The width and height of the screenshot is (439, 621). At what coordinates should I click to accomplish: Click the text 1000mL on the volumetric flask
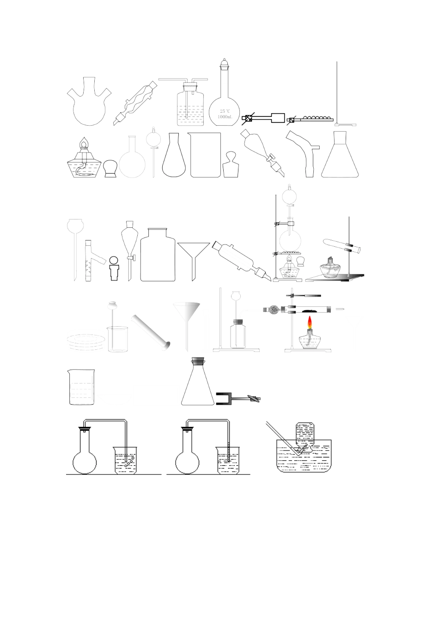coord(225,117)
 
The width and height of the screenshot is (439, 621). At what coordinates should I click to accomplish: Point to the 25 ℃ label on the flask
coord(225,111)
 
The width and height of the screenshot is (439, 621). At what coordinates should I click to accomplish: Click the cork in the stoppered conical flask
coord(198,360)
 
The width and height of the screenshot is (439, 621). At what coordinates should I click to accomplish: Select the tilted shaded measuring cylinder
coord(151,332)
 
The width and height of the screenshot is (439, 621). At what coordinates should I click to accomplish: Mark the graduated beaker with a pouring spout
coord(81,387)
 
